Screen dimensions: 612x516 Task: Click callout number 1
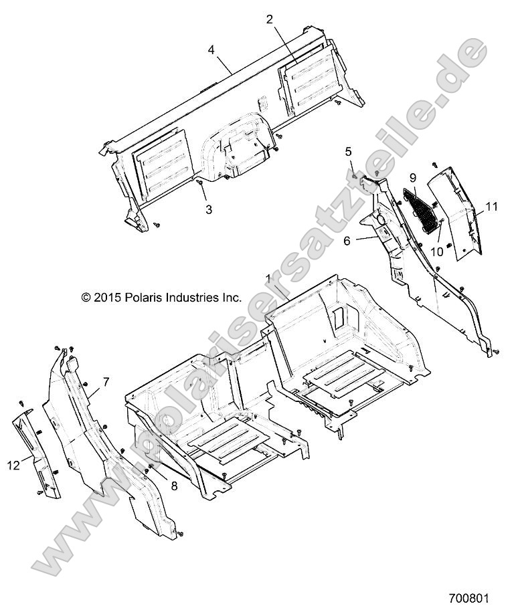[x=268, y=278]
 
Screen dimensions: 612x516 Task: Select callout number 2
[x=270, y=19]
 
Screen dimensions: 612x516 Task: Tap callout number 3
[x=209, y=209]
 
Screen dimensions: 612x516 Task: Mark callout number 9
[x=413, y=178]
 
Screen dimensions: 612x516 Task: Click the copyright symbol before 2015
[x=86, y=297]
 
